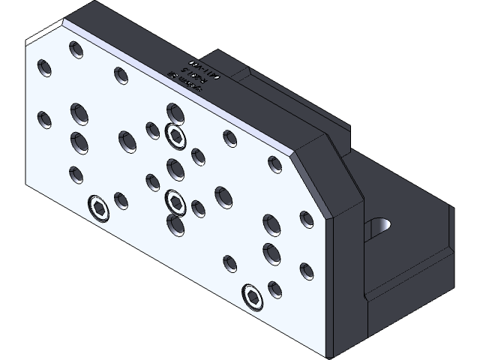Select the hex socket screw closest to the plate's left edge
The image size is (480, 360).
(98, 208)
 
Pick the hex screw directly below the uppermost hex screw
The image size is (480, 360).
(175, 201)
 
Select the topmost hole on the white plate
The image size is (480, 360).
(76, 50)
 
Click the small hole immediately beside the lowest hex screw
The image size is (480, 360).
(274, 288)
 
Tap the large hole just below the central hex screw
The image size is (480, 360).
(175, 224)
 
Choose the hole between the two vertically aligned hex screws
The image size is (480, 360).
(175, 167)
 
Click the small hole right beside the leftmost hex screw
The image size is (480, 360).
(121, 200)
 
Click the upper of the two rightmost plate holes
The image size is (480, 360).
(306, 219)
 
